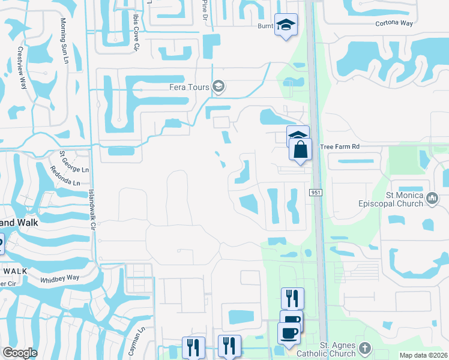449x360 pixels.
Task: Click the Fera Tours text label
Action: click(188, 87)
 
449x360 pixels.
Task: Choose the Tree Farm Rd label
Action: click(340, 146)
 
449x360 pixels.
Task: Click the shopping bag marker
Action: click(301, 149)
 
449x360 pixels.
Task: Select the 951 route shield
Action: click(316, 193)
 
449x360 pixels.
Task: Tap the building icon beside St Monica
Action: click(432, 197)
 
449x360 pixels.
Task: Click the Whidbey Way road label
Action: click(59, 278)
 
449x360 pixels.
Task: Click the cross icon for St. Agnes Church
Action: click(364, 348)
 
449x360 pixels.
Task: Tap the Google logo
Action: click(20, 353)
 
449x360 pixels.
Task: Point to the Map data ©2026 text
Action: click(424, 355)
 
